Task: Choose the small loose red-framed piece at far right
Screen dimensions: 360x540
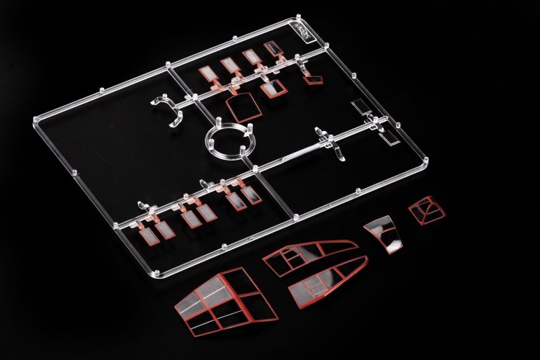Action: point(426,211)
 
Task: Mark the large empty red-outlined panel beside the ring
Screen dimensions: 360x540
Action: point(245,108)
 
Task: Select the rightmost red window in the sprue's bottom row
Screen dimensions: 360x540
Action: point(252,194)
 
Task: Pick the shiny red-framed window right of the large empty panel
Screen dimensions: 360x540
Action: point(271,89)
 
